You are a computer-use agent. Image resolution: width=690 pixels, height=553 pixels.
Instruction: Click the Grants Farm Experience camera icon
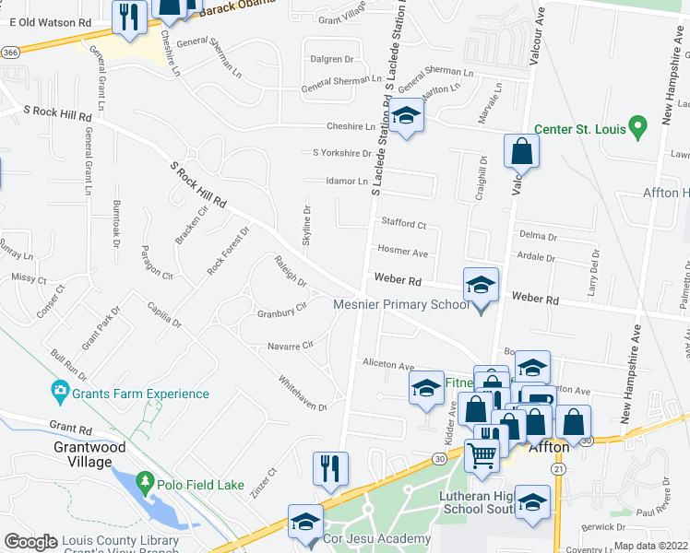61,394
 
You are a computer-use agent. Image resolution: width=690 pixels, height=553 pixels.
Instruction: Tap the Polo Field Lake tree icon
144,482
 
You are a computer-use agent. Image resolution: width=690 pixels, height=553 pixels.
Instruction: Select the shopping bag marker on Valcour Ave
521,152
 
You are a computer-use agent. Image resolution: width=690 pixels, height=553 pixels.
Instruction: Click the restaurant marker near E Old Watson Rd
128,17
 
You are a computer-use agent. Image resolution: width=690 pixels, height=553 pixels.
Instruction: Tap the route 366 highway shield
9,54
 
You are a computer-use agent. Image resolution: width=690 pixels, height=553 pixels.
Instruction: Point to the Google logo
30,542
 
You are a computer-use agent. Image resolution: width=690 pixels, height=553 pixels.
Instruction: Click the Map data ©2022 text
646,546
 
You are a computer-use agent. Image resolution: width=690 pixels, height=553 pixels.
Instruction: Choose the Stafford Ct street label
403,223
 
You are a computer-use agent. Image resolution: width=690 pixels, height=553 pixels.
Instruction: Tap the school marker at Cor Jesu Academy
305,523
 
